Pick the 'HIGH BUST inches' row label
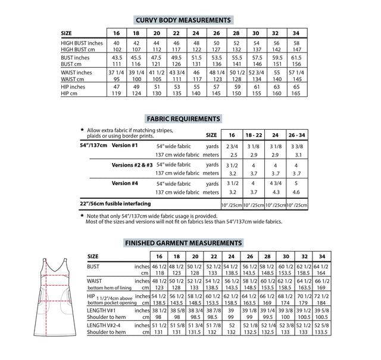82,43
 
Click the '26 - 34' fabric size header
298,135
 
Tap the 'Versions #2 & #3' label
133,164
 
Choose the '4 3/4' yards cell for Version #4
276,184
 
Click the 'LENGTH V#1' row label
102,311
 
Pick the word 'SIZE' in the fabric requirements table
211,135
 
